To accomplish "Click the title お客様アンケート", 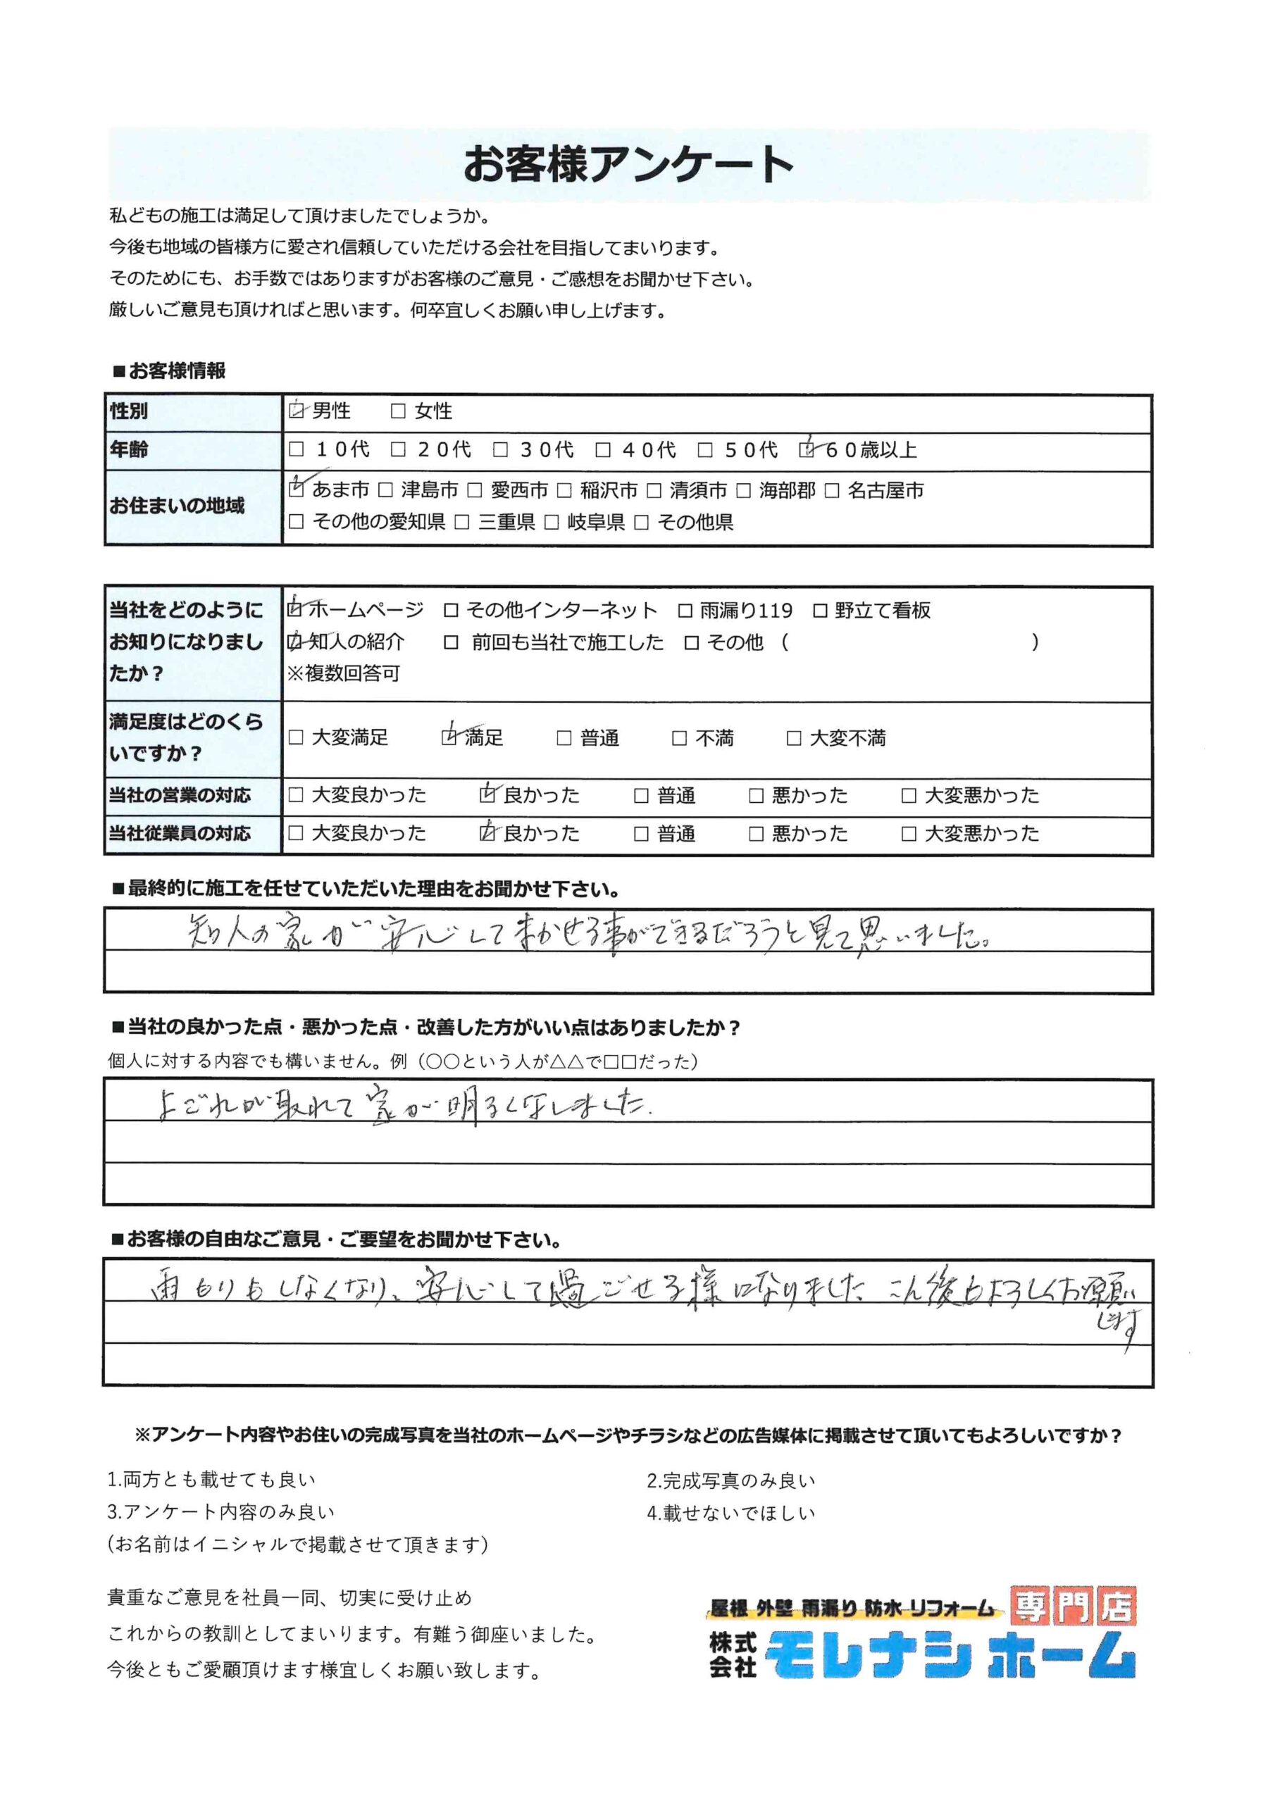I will tap(628, 165).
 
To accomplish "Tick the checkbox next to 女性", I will tap(398, 411).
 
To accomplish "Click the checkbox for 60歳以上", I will tap(807, 450).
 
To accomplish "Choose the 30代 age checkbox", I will tap(500, 450).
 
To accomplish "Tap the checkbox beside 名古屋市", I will tap(833, 491).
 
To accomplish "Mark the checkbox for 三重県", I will tap(463, 522).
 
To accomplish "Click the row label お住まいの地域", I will tap(177, 506).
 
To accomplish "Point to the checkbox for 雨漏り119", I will tap(685, 610).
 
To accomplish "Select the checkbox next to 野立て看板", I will tap(820, 610).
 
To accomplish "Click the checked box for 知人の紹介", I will tap(295, 642).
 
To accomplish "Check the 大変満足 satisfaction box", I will tap(296, 737).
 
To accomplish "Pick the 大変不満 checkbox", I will tap(793, 738).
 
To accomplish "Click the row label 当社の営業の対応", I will tap(180, 795).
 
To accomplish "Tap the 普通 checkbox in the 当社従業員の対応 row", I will tap(641, 833).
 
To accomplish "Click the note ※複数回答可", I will tap(343, 673).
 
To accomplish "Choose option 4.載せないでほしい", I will tap(730, 1512).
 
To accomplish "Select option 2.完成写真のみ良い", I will tap(730, 1480).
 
